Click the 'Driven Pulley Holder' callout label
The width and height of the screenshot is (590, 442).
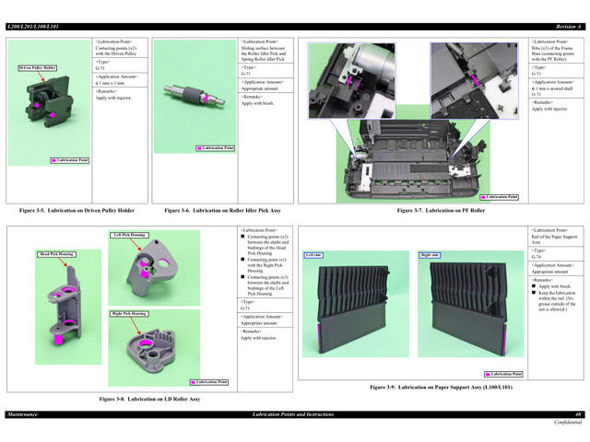click(x=38, y=68)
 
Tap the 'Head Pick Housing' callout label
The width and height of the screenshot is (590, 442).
click(x=56, y=253)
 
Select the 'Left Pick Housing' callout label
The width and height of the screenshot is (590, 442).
click(x=129, y=235)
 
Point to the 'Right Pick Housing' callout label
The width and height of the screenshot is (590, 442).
click(x=129, y=313)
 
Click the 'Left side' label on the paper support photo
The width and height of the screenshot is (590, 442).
click(x=313, y=255)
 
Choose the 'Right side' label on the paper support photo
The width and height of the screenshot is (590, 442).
click(x=430, y=255)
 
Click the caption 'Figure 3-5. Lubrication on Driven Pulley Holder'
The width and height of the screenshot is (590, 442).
click(x=77, y=211)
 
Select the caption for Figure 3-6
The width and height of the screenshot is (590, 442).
click(x=222, y=211)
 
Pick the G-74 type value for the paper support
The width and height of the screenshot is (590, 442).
click(x=537, y=256)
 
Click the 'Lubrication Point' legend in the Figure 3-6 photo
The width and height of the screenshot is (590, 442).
click(x=216, y=147)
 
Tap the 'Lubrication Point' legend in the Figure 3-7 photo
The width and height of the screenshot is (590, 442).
click(x=501, y=196)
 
